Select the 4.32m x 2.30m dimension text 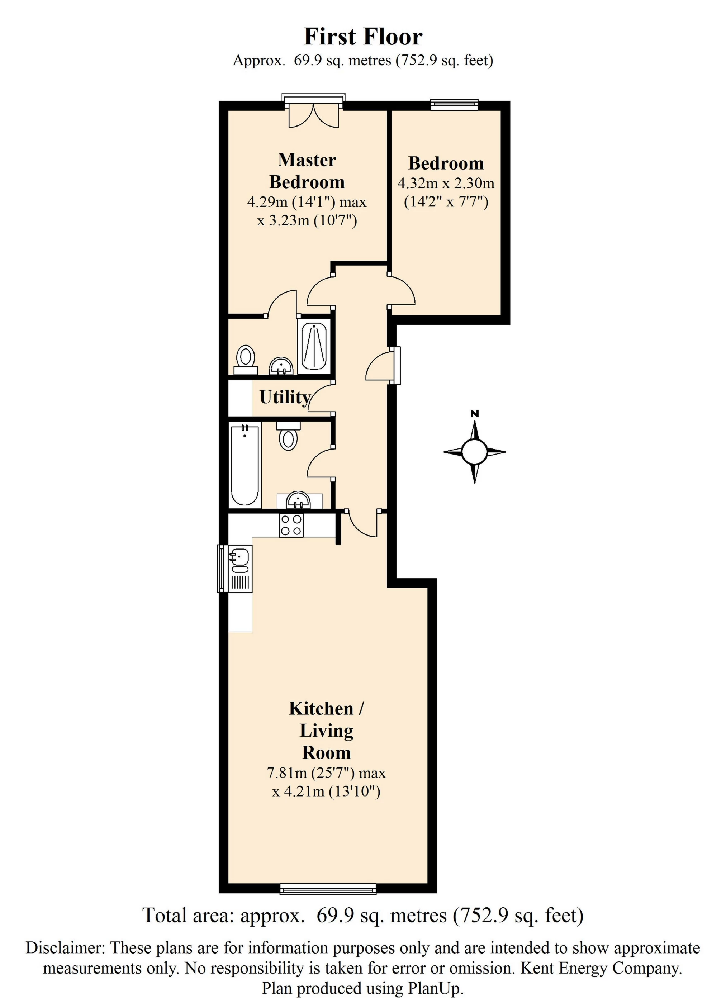(x=446, y=183)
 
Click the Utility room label (x=285, y=397)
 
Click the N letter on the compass (x=474, y=414)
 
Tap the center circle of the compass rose (x=474, y=451)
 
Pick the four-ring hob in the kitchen (x=291, y=526)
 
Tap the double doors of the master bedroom (x=313, y=115)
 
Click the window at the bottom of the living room (x=328, y=889)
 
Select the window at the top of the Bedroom (x=454, y=104)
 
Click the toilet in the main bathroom (x=288, y=436)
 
